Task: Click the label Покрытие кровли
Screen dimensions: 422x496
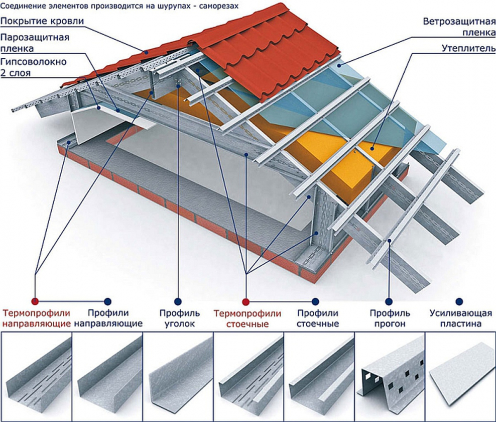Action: click(42, 22)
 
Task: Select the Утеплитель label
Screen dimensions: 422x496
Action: click(465, 49)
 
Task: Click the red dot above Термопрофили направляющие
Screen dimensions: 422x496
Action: click(35, 301)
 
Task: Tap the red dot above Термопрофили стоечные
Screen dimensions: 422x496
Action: click(245, 301)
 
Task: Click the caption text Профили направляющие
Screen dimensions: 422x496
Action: click(108, 319)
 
